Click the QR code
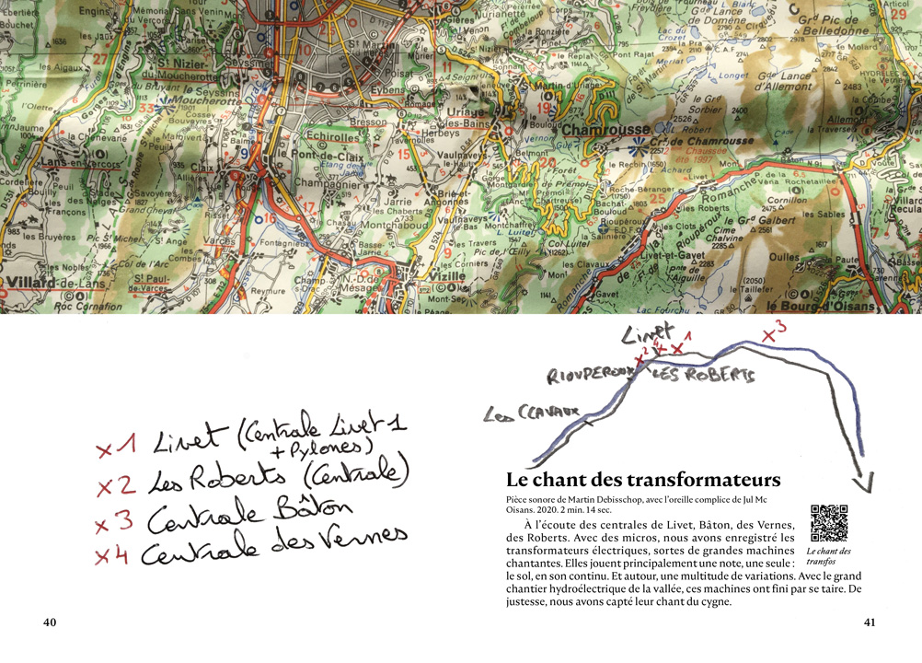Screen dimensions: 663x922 828,522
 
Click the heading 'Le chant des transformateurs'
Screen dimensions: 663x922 643,480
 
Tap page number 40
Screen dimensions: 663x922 51,622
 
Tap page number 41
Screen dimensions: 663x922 870,622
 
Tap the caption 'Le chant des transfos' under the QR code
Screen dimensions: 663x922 828,556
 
